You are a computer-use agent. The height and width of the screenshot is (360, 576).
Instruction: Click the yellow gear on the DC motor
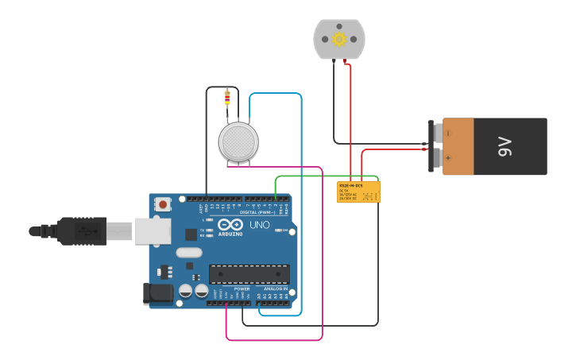339,40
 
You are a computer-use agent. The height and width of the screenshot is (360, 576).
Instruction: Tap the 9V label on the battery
504,147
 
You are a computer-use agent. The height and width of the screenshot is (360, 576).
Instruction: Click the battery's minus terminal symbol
447,133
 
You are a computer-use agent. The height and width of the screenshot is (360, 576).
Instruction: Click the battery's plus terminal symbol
447,158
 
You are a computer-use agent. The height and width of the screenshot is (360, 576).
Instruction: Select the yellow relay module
358,192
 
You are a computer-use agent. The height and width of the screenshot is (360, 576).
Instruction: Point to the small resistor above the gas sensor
227,98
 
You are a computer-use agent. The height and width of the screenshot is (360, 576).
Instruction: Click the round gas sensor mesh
238,141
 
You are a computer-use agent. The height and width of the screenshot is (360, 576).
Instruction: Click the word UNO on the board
261,225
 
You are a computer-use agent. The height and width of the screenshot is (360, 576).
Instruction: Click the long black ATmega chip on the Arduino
249,274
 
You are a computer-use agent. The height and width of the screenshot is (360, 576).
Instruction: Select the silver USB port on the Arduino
151,231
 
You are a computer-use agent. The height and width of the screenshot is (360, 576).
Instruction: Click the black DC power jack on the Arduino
157,294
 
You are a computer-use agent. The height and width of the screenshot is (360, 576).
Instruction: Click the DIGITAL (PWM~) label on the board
256,212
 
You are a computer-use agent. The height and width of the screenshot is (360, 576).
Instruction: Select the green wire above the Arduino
326,176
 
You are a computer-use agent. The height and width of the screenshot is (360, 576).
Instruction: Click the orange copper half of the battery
474,147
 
